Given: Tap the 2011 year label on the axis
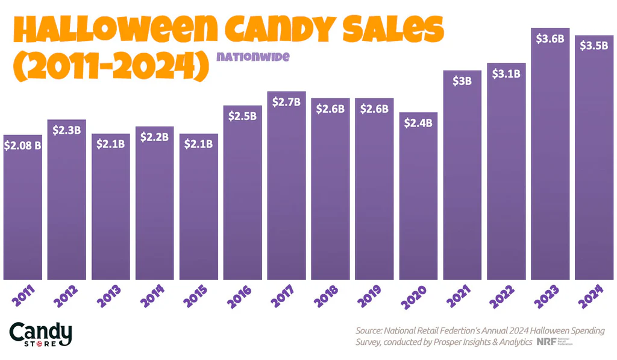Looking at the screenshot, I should tap(23, 295).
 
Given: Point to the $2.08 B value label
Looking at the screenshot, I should tap(23, 145).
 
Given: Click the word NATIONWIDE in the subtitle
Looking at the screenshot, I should tap(254, 57).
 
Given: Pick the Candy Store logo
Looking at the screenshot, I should tap(40, 335).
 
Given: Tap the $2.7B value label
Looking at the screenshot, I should tap(286, 102).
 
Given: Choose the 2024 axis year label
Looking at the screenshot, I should tap(594, 295).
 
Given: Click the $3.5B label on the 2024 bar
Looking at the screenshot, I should tap(594, 46).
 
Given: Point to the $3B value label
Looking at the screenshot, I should tap(462, 81).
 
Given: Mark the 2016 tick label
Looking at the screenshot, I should tap(243, 295).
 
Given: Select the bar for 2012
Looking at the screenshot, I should tap(67, 199).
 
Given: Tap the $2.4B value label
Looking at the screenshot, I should tap(418, 123).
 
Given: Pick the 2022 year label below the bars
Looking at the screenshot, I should tap(506, 295).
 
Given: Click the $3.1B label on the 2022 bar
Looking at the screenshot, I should tap(506, 74).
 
